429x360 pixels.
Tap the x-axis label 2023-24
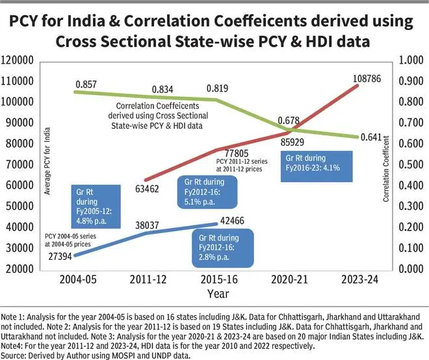click(x=361, y=281)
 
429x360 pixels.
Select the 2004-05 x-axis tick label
click(x=78, y=281)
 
